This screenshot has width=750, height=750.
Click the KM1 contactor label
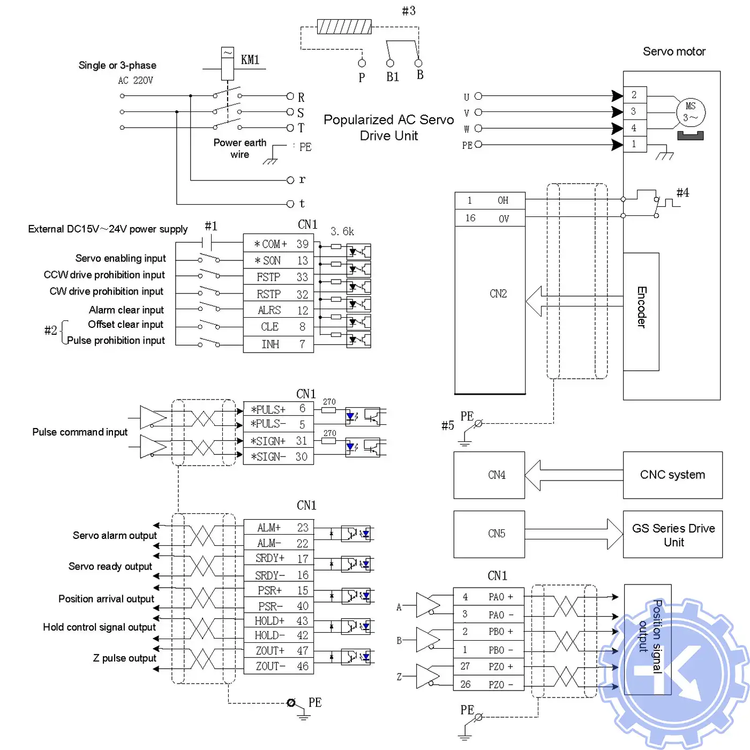[250, 59]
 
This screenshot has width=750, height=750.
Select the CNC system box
[672, 475]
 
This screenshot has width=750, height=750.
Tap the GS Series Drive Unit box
[673, 535]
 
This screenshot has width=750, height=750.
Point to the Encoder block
[641, 311]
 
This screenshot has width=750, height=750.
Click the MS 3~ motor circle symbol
[691, 112]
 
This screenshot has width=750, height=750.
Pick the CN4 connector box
[489, 475]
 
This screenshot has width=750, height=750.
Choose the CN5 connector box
[489, 534]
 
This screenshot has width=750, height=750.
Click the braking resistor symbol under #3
[344, 26]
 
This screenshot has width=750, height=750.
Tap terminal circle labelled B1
[390, 63]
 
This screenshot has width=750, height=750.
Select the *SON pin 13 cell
[279, 260]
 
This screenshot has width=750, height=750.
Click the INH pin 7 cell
[279, 344]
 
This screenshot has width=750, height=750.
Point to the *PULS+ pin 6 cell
[279, 409]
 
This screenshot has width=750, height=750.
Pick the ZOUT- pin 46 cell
[279, 666]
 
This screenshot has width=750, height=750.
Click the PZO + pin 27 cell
[489, 666]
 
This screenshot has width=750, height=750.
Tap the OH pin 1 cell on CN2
[490, 200]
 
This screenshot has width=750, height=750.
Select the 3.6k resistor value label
[342, 231]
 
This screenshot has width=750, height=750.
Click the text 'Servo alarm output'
[115, 535]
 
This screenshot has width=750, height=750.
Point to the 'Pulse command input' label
[80, 432]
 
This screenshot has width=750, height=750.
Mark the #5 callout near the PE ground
[447, 425]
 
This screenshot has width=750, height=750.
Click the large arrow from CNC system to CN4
[573, 475]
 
